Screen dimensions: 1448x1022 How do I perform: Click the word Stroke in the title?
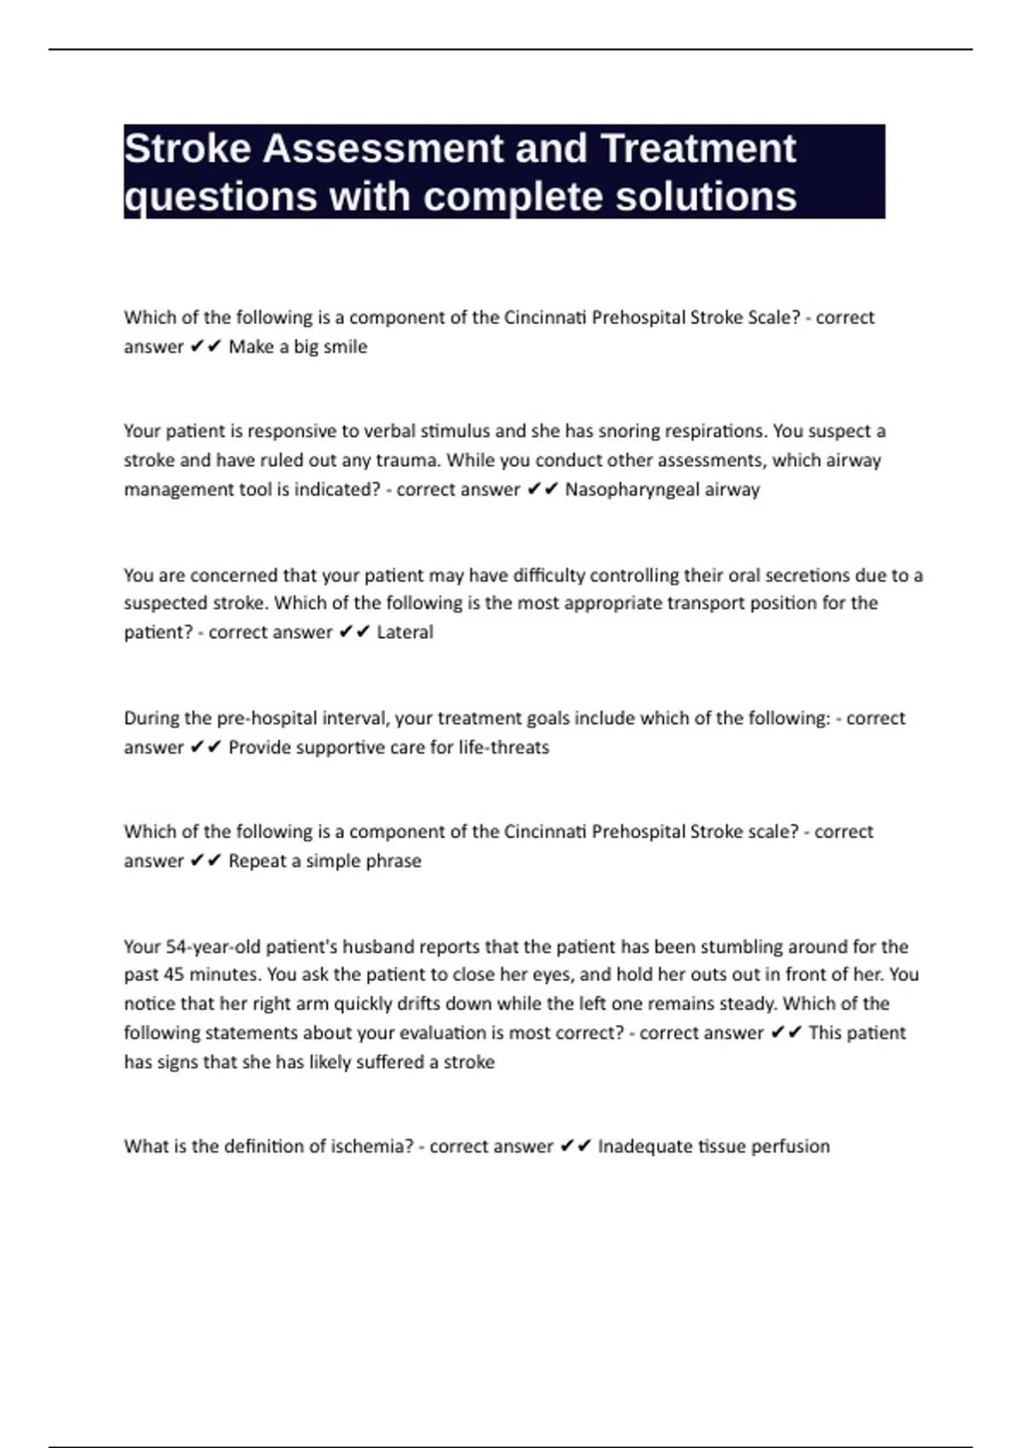coord(188,150)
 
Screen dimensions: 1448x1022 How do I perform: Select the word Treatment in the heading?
coord(698,150)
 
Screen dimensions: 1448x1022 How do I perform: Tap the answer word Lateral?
coord(405,632)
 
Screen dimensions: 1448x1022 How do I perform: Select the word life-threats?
coord(504,748)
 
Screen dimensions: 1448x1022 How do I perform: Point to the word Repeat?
coord(256,861)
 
